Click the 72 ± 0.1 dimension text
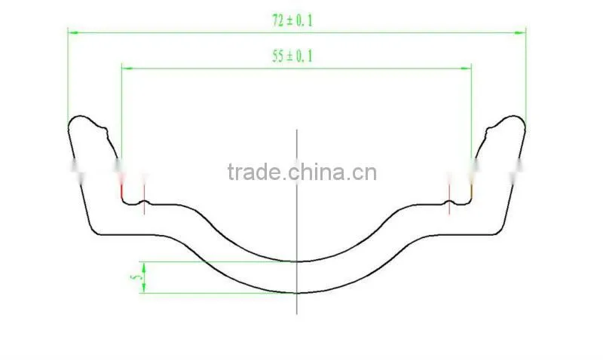(x=292, y=20)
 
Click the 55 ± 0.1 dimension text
(x=292, y=56)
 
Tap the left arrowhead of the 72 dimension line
(x=73, y=32)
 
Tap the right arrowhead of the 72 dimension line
(x=520, y=32)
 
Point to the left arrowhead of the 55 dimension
(x=127, y=69)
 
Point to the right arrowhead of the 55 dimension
(x=466, y=69)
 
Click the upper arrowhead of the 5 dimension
(x=144, y=267)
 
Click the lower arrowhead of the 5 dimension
(x=144, y=288)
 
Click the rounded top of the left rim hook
(x=80, y=116)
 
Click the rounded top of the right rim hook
(x=513, y=116)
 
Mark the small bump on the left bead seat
(x=144, y=201)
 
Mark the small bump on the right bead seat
(x=448, y=201)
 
